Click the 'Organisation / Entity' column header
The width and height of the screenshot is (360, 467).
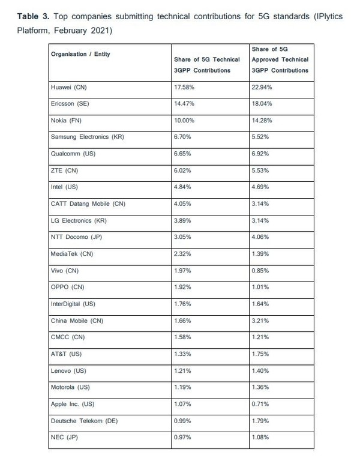[x=81, y=54]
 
